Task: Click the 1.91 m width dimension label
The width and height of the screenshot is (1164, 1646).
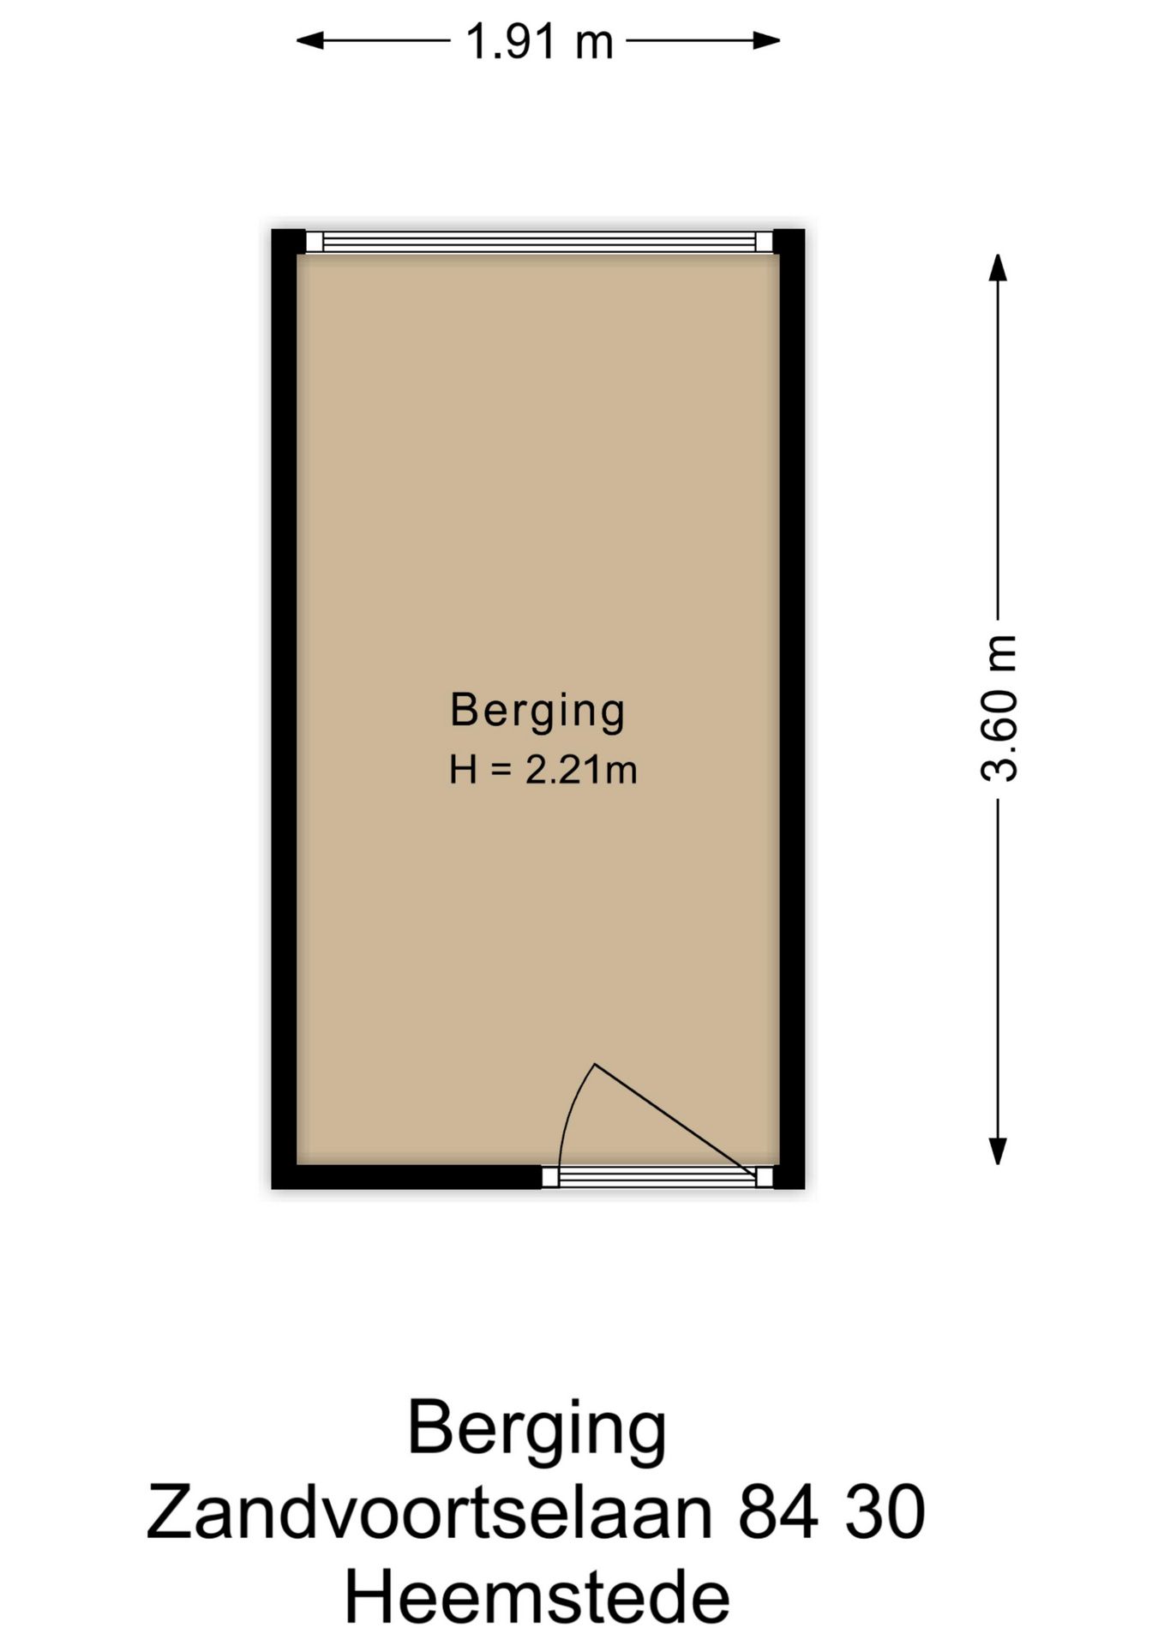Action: click(x=539, y=41)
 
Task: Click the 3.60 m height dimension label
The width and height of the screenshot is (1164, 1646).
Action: click(x=999, y=708)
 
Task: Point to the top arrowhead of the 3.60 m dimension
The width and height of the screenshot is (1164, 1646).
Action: click(x=998, y=267)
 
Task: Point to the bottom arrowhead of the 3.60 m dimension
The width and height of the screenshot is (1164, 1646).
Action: click(x=998, y=1150)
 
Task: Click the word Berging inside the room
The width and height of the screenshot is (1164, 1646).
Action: click(x=537, y=711)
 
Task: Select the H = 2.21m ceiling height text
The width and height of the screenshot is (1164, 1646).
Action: click(x=543, y=770)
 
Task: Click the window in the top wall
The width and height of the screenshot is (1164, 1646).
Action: click(x=539, y=242)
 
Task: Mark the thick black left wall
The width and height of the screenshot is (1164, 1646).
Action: click(x=284, y=708)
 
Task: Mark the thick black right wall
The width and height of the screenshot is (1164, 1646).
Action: click(x=792, y=708)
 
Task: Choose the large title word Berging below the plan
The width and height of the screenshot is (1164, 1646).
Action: click(x=537, y=1429)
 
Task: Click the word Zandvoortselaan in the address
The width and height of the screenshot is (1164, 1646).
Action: click(x=429, y=1513)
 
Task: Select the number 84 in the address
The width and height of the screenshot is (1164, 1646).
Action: click(x=777, y=1513)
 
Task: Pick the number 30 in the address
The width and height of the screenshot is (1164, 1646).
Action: click(x=885, y=1513)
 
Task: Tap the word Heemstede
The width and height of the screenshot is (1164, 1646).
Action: click(x=537, y=1596)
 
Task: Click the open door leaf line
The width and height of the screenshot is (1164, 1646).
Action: click(x=675, y=1120)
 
